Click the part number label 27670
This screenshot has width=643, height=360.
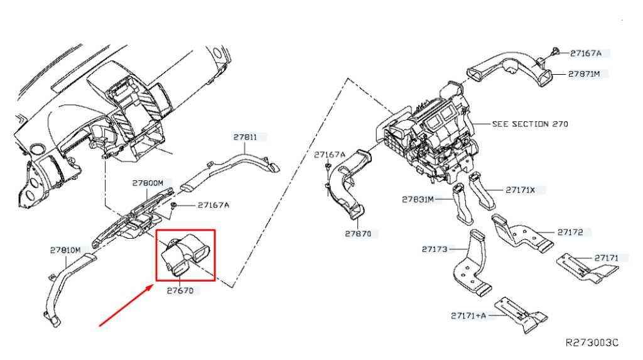pos(180,291)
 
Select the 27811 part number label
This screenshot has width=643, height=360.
pos(246,137)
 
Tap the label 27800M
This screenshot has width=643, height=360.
pos(148,183)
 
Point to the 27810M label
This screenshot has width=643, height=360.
pos(65,250)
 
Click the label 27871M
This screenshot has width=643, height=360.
pos(584,74)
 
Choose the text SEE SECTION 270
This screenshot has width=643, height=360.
pos(530,124)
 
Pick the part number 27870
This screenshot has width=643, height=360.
pos(358,234)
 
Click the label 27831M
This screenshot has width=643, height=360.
pos(418,200)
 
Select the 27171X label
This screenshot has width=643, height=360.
pos(521,190)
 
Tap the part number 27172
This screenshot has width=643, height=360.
pos(570,232)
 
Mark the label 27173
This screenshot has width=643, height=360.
pos(435,249)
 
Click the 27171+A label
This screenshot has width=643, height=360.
pos(468,315)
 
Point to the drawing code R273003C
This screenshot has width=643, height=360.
pos(592,343)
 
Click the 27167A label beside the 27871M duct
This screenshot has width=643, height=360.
pos(586,53)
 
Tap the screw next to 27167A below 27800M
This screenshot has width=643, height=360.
pos(174,205)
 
